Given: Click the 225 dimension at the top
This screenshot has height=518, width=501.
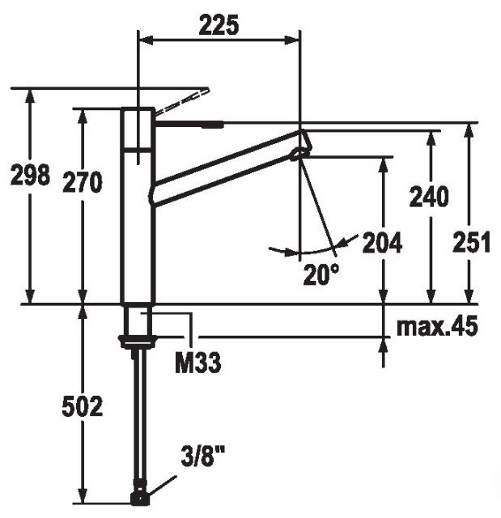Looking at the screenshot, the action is coord(219,25).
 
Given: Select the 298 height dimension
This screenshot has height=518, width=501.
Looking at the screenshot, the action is coord(30,174).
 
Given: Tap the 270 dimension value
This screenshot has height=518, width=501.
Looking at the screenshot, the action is coord(83,181).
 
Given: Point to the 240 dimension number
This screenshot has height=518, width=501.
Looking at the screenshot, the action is coord(429,197).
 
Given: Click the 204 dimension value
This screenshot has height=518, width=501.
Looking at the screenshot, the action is coord(382,243).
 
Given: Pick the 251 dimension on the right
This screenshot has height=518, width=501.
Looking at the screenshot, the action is coord(471,242).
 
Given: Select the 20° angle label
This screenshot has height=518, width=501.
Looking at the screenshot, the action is coord(321,274).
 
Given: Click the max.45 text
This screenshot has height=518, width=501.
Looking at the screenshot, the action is coord(437,326).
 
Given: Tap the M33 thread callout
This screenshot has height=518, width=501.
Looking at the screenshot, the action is coord(197,363).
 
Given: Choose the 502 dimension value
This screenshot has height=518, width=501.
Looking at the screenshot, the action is coord(83,406).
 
